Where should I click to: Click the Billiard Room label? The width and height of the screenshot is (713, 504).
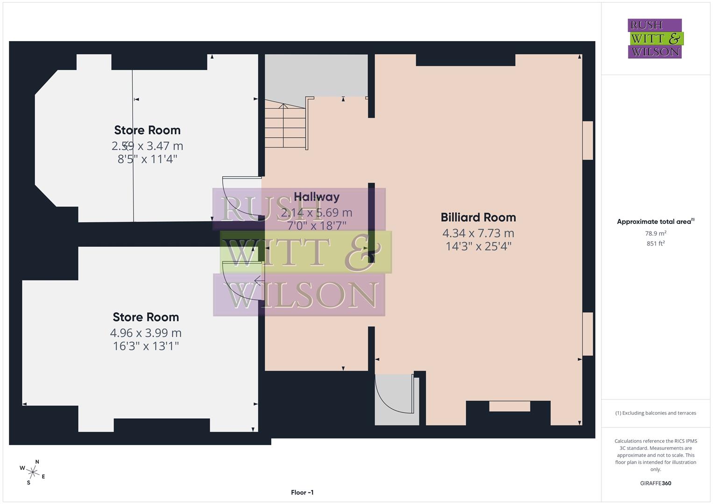pos(478,217)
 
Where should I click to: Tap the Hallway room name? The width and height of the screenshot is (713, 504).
pos(317,197)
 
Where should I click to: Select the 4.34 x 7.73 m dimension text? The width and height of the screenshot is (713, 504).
pos(478,233)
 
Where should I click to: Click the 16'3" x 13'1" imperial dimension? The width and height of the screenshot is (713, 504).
pos(146,346)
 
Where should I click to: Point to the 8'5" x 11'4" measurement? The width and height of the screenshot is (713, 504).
pos(147,159)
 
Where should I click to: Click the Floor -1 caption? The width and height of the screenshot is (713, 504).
pos(302,492)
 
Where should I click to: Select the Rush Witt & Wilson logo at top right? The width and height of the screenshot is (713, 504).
pos(655,38)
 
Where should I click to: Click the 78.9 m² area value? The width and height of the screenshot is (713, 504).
pos(655,233)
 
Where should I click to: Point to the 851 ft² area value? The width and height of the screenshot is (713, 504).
pos(655,244)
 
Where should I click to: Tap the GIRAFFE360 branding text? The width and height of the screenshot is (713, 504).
pos(655,483)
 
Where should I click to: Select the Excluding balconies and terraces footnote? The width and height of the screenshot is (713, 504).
pos(655,413)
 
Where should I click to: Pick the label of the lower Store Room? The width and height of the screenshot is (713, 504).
pos(146,317)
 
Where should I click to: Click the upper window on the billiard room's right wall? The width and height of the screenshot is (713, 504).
pos(588,140)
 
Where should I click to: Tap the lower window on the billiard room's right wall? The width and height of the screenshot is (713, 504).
pos(588,334)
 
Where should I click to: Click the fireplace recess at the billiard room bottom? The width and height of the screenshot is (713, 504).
pos(509,406)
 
